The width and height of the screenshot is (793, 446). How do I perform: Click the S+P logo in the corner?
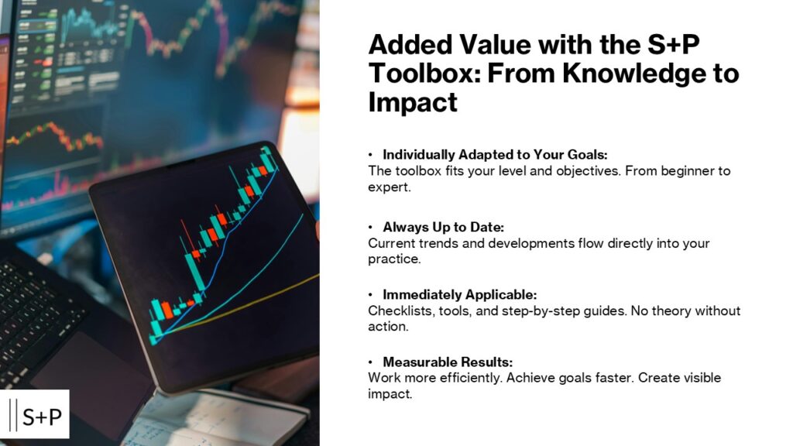[39, 414]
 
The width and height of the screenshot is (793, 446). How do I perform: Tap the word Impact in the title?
[412, 102]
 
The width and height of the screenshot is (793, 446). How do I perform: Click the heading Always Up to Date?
[443, 227]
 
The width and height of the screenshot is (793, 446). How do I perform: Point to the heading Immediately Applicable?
[459, 295]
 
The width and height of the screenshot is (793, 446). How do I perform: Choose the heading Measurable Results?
[448, 362]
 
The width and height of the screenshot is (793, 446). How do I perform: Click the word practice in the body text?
[393, 259]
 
